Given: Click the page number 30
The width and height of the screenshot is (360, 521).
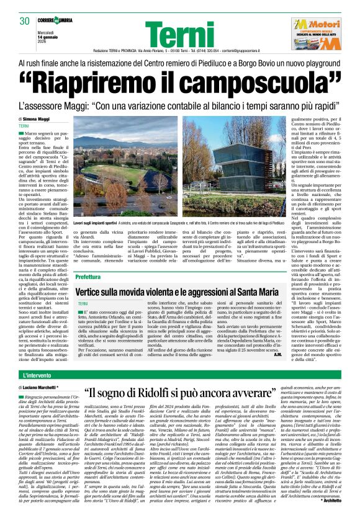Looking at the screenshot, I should click(25, 22).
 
